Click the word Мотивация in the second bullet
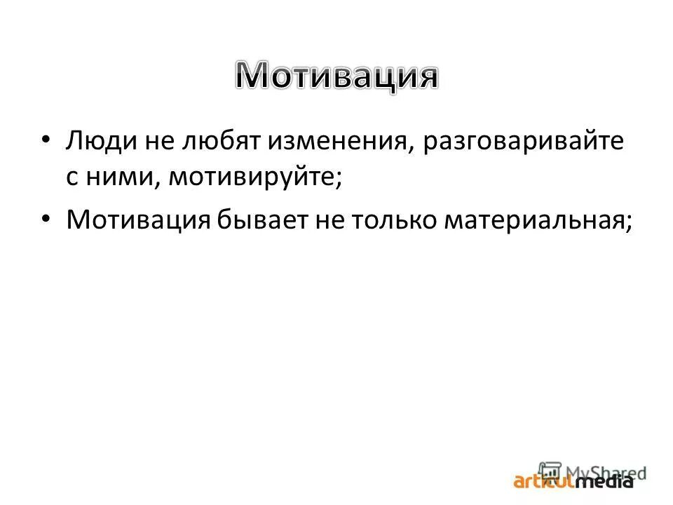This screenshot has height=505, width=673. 139,220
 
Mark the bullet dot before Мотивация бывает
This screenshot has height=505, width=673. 46,219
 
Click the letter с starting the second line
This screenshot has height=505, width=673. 72,177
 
